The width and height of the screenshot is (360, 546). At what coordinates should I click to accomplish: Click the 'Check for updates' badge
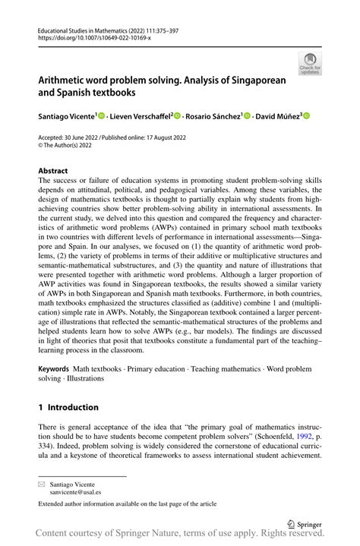tap(310, 63)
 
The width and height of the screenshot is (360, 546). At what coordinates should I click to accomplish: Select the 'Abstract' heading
tap(53, 171)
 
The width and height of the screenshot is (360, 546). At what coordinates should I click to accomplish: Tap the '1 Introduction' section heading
tap(68, 407)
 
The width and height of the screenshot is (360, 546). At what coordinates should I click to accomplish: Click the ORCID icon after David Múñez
tap(307, 115)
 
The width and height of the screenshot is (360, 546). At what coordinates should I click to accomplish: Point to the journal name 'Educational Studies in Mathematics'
tap(84, 34)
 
